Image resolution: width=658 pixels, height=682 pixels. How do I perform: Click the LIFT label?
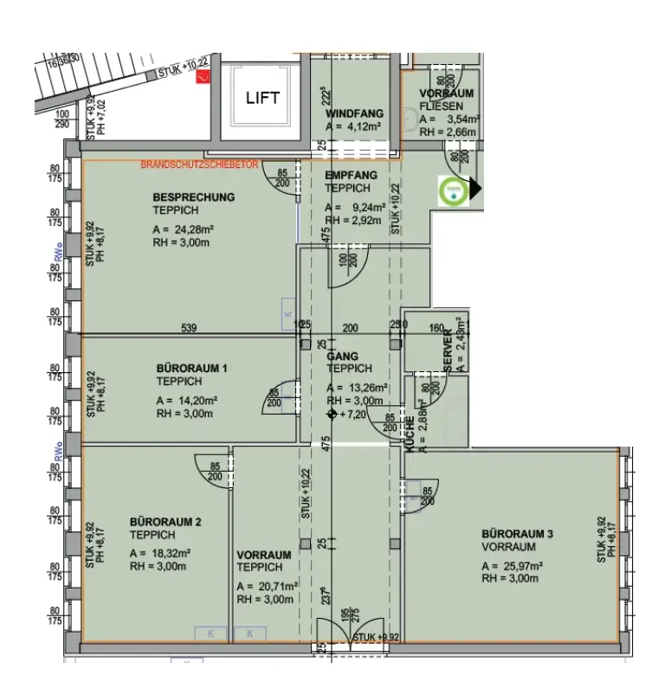(x=262, y=97)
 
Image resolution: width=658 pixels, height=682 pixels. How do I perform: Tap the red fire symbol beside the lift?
(x=202, y=79)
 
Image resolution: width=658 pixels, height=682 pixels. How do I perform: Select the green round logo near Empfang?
(x=451, y=190)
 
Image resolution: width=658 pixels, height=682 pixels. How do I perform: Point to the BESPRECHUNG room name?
(x=193, y=197)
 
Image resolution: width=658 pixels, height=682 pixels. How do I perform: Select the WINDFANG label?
(x=354, y=113)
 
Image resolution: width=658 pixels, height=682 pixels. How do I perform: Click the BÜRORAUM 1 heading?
(x=191, y=368)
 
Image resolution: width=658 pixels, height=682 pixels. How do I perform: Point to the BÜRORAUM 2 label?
(x=165, y=522)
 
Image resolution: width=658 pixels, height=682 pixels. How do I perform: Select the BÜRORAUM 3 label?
(x=518, y=534)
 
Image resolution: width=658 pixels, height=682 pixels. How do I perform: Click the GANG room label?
(x=342, y=356)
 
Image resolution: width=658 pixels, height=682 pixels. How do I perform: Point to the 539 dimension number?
(x=189, y=328)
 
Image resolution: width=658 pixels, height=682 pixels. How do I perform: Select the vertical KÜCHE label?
(x=410, y=430)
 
